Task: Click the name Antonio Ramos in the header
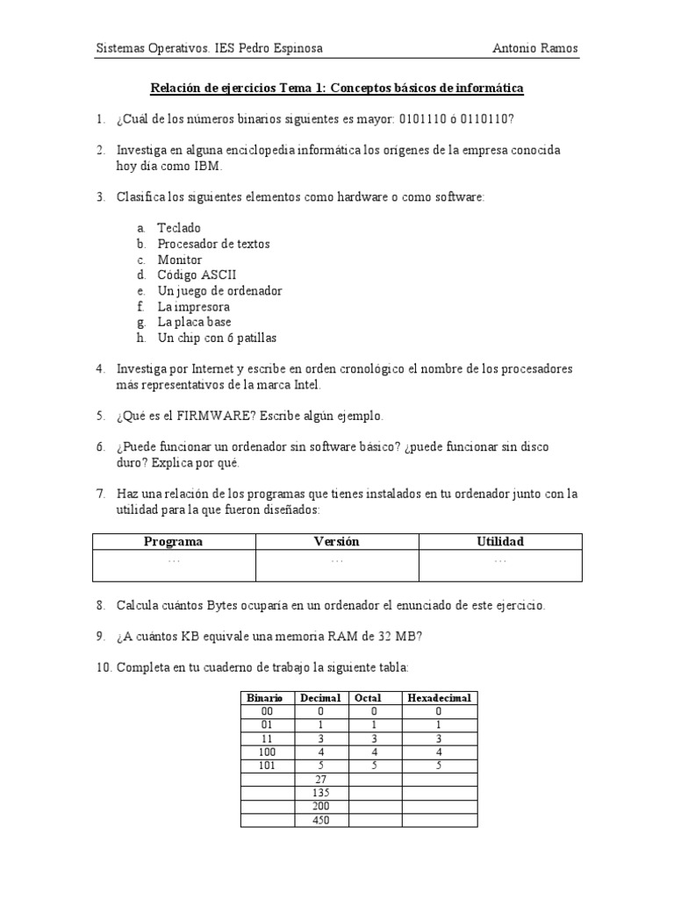click(x=536, y=49)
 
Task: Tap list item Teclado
click(x=179, y=228)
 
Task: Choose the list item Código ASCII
click(x=197, y=275)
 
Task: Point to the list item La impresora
click(x=193, y=307)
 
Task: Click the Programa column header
click(x=174, y=541)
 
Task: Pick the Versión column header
click(x=337, y=541)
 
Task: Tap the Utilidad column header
click(x=500, y=541)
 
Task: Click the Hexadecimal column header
click(x=440, y=698)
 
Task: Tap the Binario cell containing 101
click(x=267, y=766)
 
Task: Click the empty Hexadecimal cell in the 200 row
click(x=440, y=807)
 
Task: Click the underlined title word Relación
click(x=175, y=89)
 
